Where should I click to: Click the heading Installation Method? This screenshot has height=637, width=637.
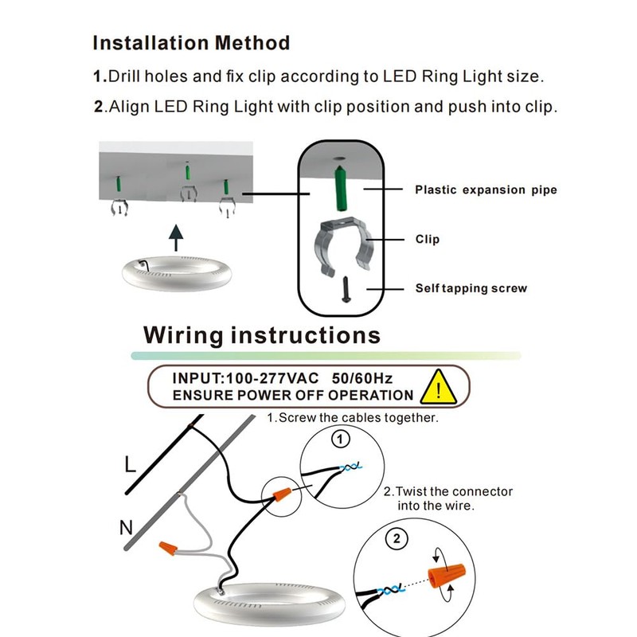click(191, 42)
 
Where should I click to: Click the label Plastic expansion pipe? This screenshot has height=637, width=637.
click(486, 190)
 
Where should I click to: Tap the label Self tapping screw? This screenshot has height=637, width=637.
click(471, 288)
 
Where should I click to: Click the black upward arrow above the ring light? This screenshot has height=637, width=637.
click(176, 236)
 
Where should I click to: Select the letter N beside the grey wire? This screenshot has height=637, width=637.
click(126, 526)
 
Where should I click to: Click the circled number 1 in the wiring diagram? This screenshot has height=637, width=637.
click(340, 439)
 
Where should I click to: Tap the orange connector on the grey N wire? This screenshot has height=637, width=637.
click(169, 549)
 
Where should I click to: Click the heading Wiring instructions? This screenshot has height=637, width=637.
click(261, 335)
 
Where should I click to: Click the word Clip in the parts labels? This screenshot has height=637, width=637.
click(427, 239)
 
